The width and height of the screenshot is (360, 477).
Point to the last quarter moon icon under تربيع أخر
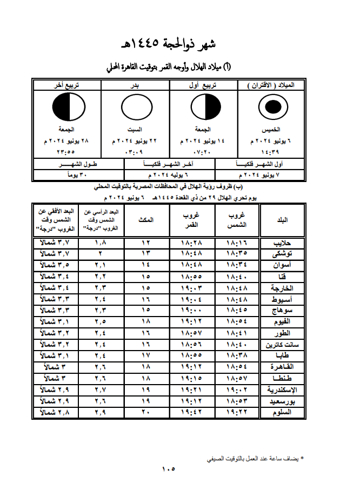click(68, 108)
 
